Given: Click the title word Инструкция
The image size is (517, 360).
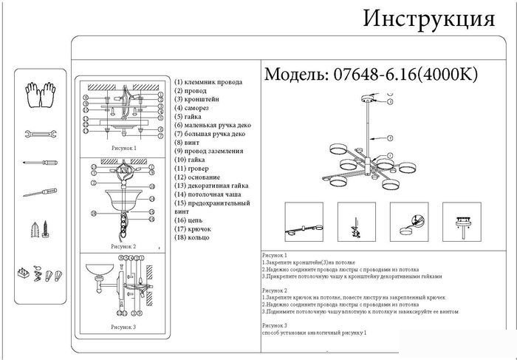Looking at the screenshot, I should pyautogui.click(x=428, y=18).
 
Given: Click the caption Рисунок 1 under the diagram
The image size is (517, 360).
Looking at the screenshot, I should pyautogui.click(x=124, y=148).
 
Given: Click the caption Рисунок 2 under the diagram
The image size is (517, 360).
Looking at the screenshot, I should pyautogui.click(x=123, y=246).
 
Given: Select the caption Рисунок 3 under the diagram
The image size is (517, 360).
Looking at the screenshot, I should pyautogui.click(x=123, y=326).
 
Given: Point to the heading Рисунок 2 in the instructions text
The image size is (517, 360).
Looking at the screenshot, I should pyautogui.click(x=274, y=291).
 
